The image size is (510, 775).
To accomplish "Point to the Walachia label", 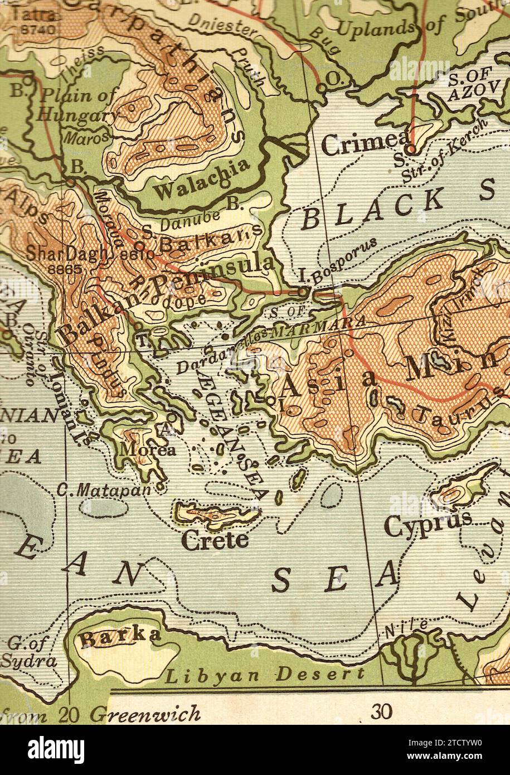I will (202, 180).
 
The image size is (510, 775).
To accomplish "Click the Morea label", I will (140, 449).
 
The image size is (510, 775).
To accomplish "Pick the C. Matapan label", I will (104, 491).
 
